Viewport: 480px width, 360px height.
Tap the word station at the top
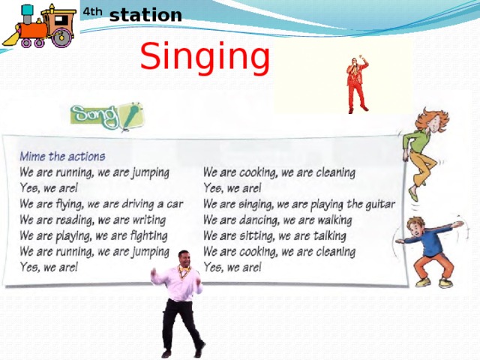tap(145, 15)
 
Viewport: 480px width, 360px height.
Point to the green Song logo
tap(105, 116)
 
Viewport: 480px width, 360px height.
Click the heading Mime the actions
tap(62, 157)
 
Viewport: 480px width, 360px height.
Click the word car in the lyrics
tap(175, 204)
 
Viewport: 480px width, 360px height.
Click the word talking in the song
tap(333, 235)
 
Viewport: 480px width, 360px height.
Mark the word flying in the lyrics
tap(70, 204)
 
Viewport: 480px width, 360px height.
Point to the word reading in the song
tap(73, 220)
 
